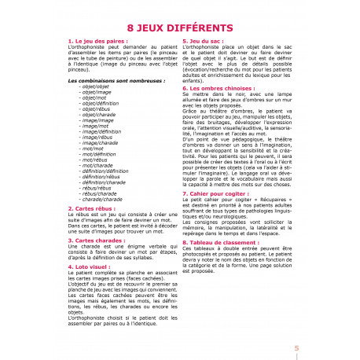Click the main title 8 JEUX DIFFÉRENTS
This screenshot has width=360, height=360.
[x=179, y=29]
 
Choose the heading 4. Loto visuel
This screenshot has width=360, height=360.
[x=93, y=267]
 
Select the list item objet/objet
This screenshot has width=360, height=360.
[x=94, y=86]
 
